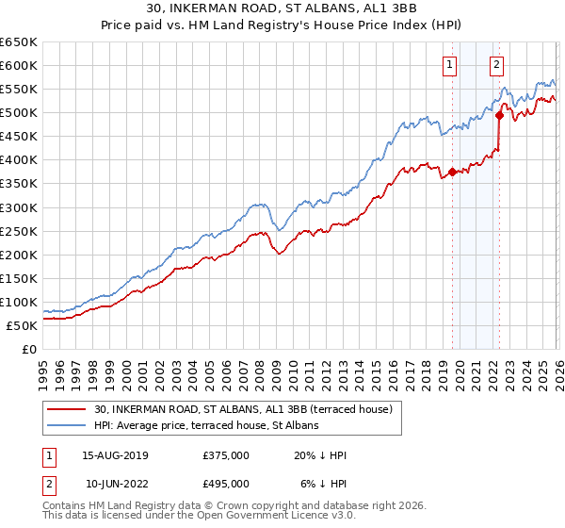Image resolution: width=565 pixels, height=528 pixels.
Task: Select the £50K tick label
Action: pos(22,325)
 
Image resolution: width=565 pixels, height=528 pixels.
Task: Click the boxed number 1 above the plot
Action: pos(451,65)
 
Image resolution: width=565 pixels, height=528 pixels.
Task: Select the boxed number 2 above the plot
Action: pos(496,65)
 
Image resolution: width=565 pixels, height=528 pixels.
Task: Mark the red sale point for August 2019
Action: pos(452,172)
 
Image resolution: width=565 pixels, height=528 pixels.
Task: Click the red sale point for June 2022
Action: pos(499,115)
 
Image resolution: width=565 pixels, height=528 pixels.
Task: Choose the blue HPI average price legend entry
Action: pos(206,425)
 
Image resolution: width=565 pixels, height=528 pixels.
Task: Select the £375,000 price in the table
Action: pos(226,455)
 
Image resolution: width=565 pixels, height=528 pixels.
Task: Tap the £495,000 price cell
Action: pos(226,483)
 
